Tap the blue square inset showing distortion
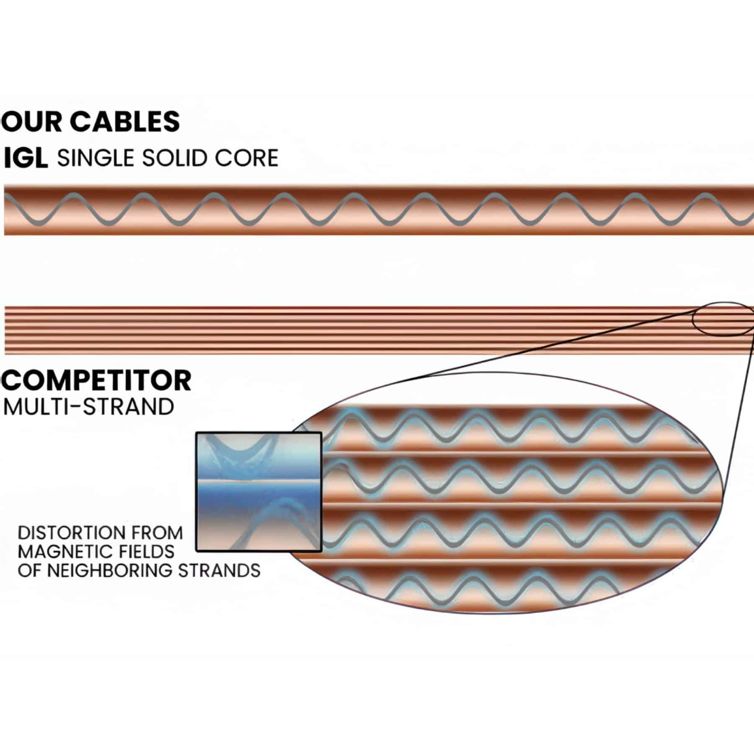point(259,492)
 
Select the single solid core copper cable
point(377,209)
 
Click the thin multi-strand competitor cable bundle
point(335,330)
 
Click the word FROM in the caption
point(161,533)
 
